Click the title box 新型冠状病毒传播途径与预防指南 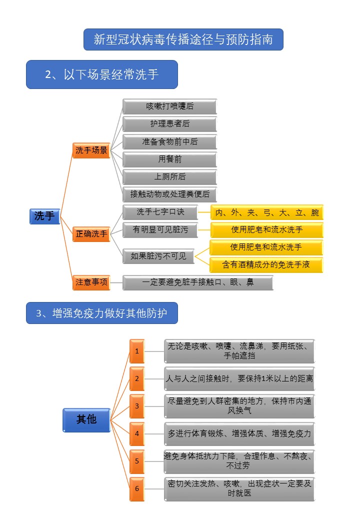pos(183,39)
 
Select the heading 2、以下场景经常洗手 pos(102,74)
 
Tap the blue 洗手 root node pos(44,216)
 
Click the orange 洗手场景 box pos(91,150)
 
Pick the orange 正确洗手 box pos(91,233)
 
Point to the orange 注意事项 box pos(91,282)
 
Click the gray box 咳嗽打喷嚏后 pos(169,106)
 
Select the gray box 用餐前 pos(169,159)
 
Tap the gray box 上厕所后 pos(169,177)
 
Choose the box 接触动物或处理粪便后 pos(169,194)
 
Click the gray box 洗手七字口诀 pos(160,212)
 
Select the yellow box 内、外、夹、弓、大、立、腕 pos(266,212)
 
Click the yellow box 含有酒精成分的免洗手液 pos(266,264)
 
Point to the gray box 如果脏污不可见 pos(158,256)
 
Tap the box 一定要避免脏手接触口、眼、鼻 pos(197,282)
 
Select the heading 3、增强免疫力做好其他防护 pos(102,313)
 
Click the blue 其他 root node pos(86,419)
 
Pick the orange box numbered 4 pos(136,433)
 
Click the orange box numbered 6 pos(136,488)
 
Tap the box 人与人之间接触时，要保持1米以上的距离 pos(239,379)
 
